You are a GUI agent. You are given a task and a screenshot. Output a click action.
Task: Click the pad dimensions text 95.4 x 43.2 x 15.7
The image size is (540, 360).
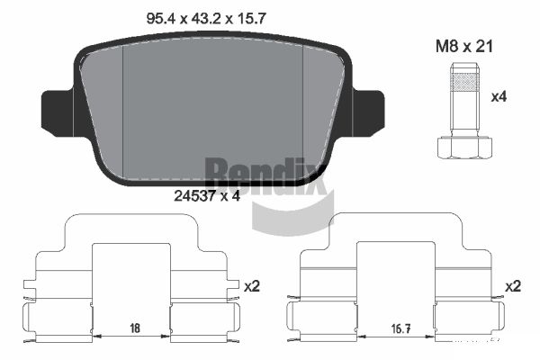(206, 19)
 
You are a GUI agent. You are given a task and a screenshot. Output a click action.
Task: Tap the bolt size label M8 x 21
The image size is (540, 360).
(464, 47)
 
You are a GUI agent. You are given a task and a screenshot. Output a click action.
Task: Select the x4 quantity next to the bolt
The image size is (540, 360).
(499, 97)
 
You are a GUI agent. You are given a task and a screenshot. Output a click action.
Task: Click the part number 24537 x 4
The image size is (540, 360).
(207, 196)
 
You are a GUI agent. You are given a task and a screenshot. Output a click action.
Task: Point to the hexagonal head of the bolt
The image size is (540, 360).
(464, 148)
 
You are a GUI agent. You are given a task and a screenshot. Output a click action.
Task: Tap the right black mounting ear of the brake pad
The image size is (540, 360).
(368, 113)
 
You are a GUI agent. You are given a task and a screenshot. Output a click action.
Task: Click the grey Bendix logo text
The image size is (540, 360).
(265, 175)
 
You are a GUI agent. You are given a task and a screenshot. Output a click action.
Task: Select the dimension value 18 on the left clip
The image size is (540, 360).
(135, 328)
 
